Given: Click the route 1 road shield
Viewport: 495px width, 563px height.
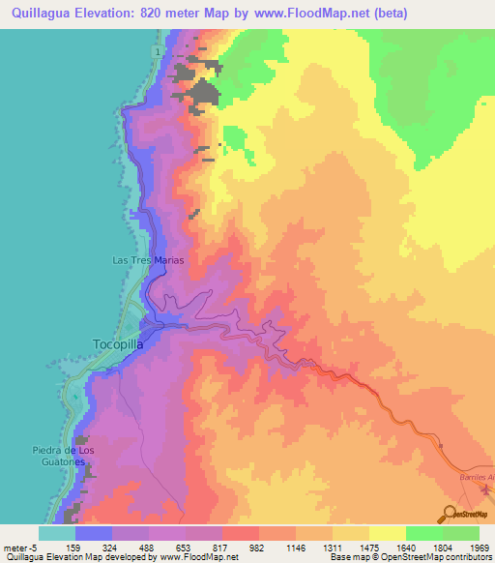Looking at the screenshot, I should [x=155, y=50].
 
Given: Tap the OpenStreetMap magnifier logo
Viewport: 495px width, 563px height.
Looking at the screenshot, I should [x=451, y=514].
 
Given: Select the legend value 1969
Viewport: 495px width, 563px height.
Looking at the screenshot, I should [x=480, y=547].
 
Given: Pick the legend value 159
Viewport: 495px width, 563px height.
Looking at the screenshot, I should [x=78, y=547].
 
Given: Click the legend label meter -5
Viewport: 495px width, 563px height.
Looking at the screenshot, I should [x=19, y=547].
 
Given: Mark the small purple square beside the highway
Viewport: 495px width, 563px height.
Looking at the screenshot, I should [x=440, y=446].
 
